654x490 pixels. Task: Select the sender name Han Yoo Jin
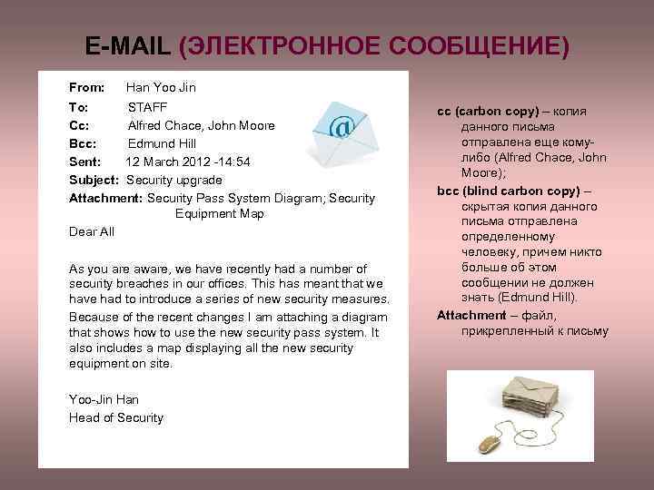161,88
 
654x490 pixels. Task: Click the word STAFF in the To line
147,107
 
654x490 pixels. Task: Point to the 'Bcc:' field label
84,143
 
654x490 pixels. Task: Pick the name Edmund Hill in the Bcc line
162,143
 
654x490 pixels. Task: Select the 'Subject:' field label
94,180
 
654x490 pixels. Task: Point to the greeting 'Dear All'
92,231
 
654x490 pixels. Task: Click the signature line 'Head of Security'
116,418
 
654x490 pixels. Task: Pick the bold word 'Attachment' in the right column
471,315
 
